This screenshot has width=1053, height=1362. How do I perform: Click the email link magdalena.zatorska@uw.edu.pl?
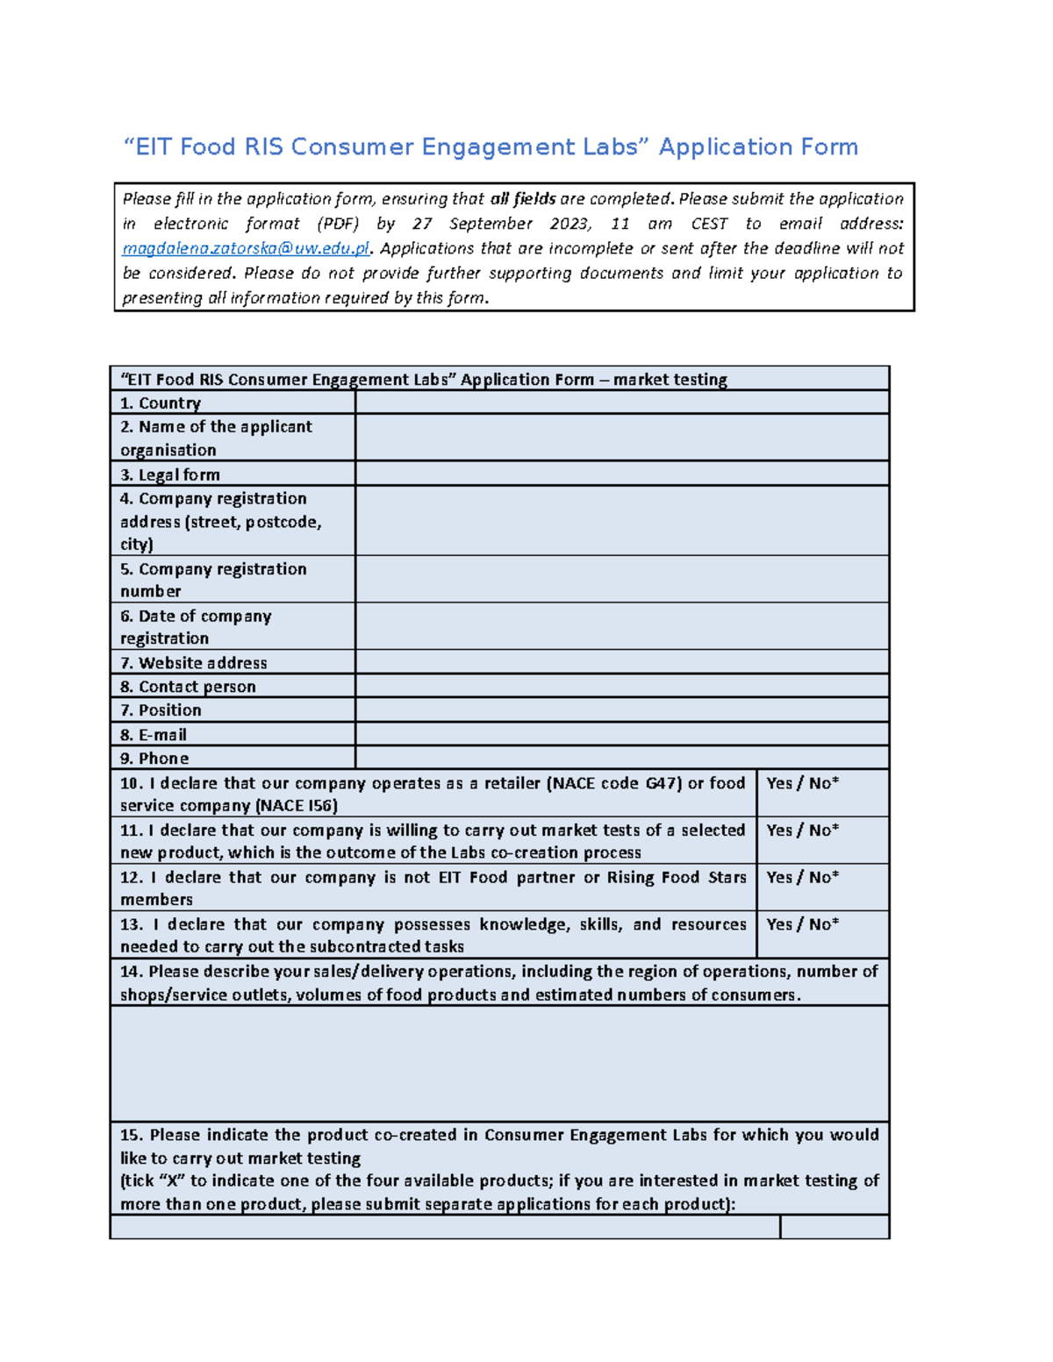click(246, 249)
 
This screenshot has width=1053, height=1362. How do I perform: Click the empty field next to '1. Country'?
click(621, 403)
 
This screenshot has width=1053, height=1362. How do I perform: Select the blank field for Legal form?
click(621, 474)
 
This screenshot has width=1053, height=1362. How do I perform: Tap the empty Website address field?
click(621, 662)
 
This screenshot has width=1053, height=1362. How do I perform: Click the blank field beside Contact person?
click(621, 686)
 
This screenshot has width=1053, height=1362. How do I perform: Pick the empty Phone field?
click(621, 758)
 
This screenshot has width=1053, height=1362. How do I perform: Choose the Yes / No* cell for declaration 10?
click(821, 793)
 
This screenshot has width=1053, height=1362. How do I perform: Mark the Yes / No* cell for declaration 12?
click(821, 887)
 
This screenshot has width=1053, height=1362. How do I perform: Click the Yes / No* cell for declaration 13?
click(821, 934)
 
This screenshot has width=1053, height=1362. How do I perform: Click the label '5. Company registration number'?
click(213, 580)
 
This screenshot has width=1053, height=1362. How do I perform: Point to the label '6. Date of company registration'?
click(196, 627)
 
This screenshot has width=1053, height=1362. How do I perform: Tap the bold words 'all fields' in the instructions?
click(523, 199)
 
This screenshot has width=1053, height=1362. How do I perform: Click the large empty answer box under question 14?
click(499, 1063)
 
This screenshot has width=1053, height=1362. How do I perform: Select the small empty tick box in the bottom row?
click(834, 1226)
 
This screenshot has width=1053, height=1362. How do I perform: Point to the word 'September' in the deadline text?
click(491, 224)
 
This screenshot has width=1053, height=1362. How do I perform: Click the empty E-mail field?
click(621, 734)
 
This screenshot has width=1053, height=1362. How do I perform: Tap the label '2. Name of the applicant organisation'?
click(216, 438)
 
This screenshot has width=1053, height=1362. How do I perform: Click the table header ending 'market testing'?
click(424, 379)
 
